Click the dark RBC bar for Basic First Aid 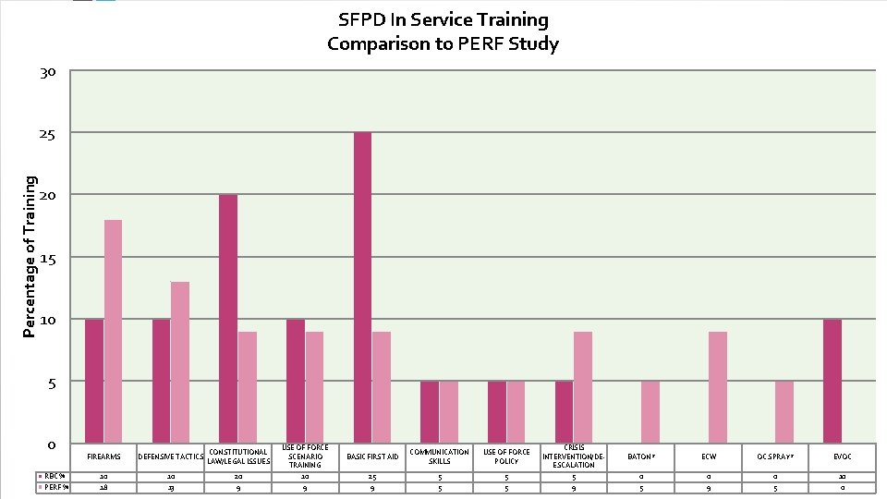pyautogui.click(x=363, y=286)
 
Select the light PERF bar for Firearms pyautogui.click(x=113, y=331)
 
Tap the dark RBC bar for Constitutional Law pyautogui.click(x=228, y=318)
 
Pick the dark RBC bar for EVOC pyautogui.click(x=832, y=381)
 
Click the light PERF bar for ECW pyautogui.click(x=717, y=386)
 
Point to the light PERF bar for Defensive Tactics pyautogui.click(x=180, y=361)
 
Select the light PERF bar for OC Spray pyautogui.click(x=784, y=411)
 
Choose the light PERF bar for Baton pyautogui.click(x=650, y=411)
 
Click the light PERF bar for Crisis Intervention pyautogui.click(x=582, y=386)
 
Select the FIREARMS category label pyautogui.click(x=103, y=456)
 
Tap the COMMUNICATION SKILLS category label pyautogui.click(x=439, y=456)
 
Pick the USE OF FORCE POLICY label pyautogui.click(x=506, y=456)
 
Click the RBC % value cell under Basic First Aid pyautogui.click(x=372, y=476)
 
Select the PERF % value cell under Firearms pyautogui.click(x=103, y=488)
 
